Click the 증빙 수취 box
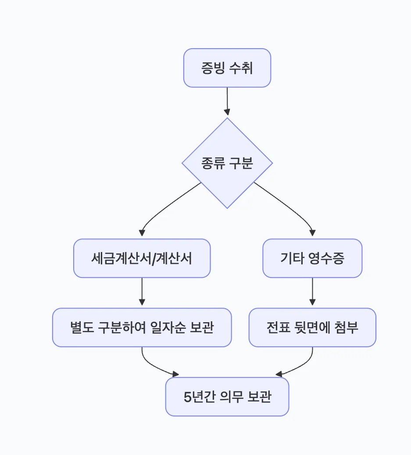227,68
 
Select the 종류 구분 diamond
227,163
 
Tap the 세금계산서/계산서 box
142,258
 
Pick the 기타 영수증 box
312,258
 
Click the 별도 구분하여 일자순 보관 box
142,327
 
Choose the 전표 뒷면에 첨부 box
312,327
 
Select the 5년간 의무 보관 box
227,397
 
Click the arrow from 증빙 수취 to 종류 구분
227,101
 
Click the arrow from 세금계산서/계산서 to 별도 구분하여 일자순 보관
142,291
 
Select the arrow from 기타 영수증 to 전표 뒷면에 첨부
312,291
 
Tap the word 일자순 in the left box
168,328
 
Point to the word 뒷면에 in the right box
312,328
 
